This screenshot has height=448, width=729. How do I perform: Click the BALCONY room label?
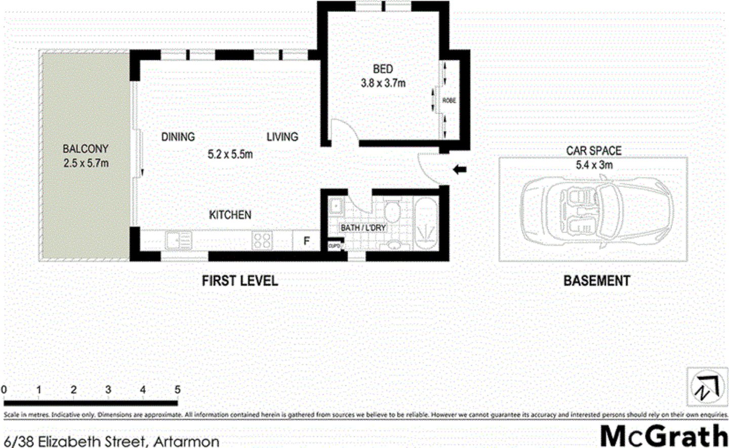tap(86, 149)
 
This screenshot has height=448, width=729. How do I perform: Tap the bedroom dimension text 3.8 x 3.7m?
tap(383, 83)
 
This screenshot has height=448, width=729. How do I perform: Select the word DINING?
tap(178, 137)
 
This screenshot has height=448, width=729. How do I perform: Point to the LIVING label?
tap(282, 137)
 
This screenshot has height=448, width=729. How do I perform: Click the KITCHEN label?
tap(230, 215)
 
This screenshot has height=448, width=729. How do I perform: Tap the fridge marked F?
tap(306, 241)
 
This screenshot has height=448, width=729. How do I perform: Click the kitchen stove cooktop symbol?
tap(262, 240)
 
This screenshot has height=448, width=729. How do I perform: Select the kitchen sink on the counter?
tap(178, 240)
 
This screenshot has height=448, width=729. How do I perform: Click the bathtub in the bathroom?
tap(425, 224)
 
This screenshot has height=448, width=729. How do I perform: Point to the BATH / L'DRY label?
tap(363, 228)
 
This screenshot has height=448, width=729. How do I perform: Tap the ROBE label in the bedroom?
tap(449, 101)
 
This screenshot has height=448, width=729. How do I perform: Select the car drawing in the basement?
tap(596, 212)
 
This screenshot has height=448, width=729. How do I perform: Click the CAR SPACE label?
tap(594, 151)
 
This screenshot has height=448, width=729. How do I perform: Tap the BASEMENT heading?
tap(596, 281)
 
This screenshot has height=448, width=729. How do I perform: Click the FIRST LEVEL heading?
tap(240, 281)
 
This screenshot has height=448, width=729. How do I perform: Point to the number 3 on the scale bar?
tap(108, 390)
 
